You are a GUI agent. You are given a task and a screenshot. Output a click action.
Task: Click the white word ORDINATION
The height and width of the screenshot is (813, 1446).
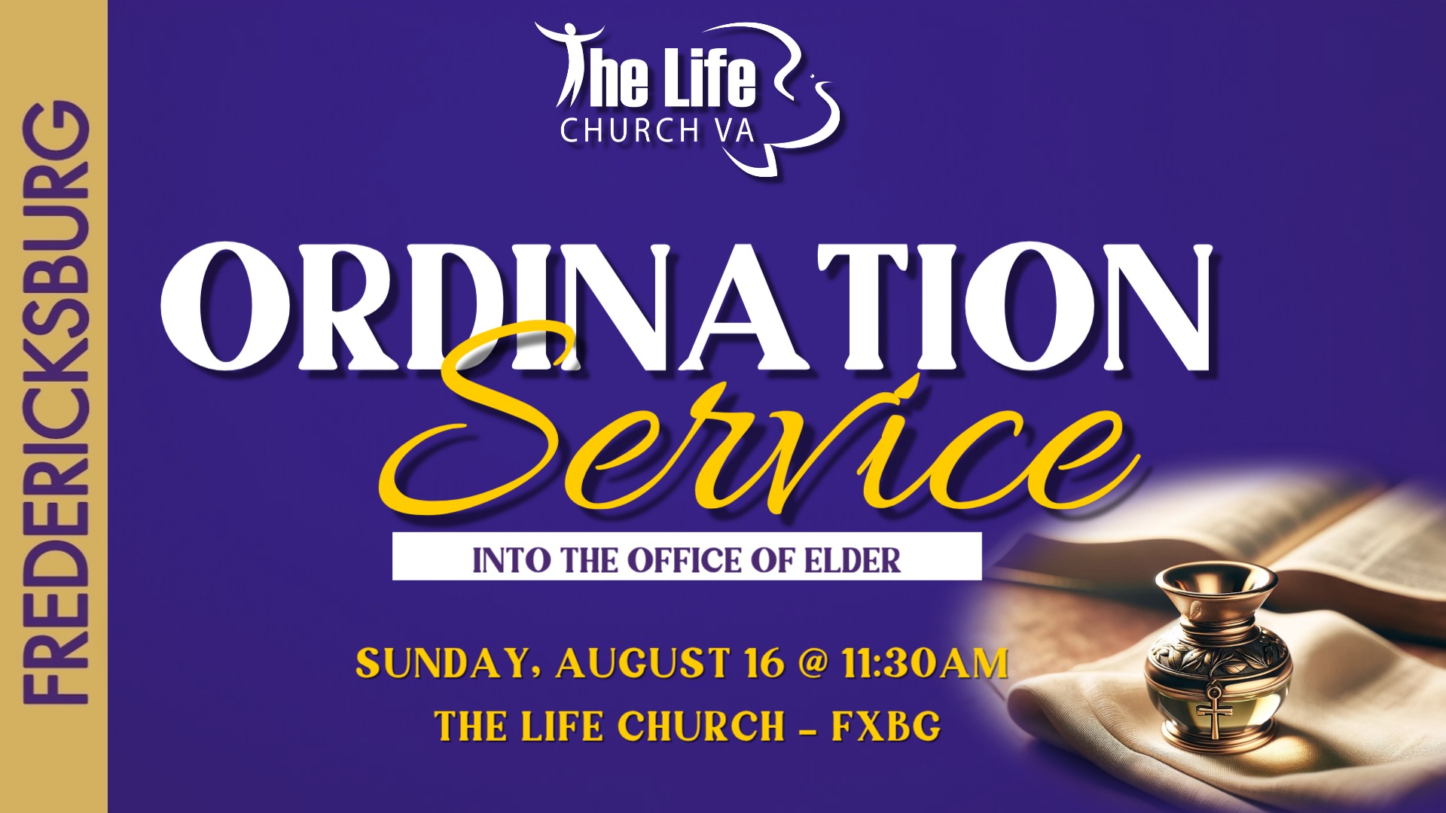(686, 307)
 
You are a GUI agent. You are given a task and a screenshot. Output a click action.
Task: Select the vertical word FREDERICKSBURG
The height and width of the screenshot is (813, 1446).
(55, 403)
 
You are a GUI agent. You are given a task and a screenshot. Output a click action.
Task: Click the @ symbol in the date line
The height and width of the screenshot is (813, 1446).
(813, 663)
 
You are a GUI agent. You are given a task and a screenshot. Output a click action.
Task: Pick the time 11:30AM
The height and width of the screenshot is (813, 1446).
(925, 663)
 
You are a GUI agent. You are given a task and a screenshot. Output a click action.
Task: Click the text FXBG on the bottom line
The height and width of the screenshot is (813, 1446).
(886, 726)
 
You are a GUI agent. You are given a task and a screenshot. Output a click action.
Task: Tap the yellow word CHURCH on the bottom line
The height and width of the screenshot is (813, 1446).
(701, 726)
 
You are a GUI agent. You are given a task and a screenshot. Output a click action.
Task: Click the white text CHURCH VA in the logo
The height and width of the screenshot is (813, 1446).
(657, 131)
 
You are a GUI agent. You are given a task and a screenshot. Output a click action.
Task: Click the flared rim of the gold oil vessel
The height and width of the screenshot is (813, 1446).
(1216, 579)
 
